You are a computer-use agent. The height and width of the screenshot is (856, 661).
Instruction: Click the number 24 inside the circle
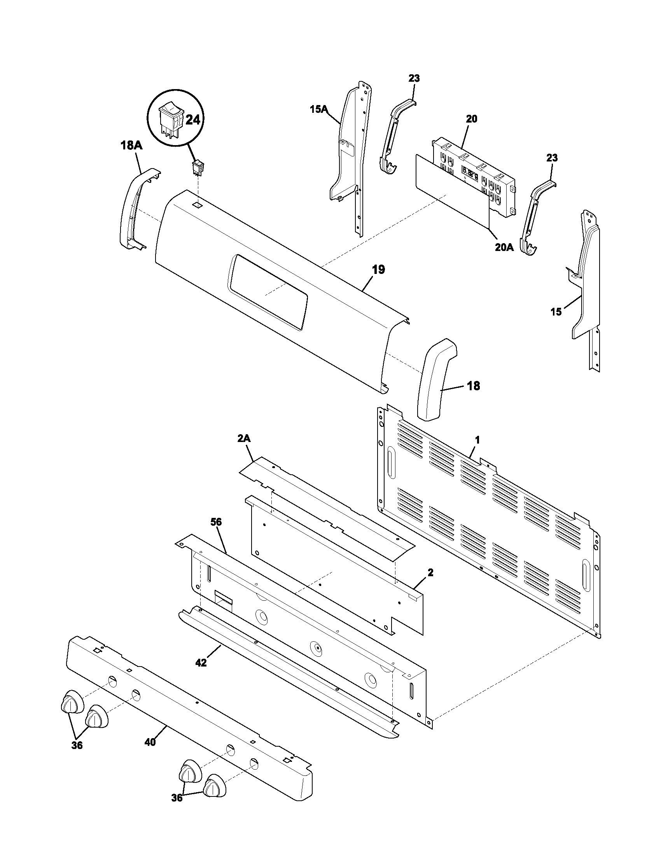click(x=192, y=119)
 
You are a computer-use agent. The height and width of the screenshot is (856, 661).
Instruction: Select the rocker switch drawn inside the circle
click(x=170, y=118)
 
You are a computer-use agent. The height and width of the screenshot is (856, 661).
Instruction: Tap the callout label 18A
click(x=131, y=146)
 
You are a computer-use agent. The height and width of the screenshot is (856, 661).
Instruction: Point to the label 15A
click(x=319, y=109)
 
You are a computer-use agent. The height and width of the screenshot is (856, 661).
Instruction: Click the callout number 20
click(x=472, y=119)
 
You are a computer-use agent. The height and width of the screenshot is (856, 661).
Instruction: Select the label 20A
click(x=504, y=248)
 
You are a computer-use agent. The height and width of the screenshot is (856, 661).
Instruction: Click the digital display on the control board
click(x=470, y=173)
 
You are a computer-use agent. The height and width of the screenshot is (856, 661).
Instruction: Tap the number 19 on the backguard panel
click(x=378, y=270)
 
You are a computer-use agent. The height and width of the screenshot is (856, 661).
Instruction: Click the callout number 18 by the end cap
click(x=474, y=386)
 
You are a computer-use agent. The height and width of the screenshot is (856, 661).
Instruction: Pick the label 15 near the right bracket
click(x=556, y=312)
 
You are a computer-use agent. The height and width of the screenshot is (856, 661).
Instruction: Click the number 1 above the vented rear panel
click(x=477, y=440)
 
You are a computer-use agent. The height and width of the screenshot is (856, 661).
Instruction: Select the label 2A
click(x=243, y=439)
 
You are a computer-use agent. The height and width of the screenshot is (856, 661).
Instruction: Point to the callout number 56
click(x=216, y=522)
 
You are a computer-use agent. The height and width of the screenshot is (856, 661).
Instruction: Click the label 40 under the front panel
click(x=150, y=742)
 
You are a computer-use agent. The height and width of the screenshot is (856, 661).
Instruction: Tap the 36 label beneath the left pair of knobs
click(x=77, y=745)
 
